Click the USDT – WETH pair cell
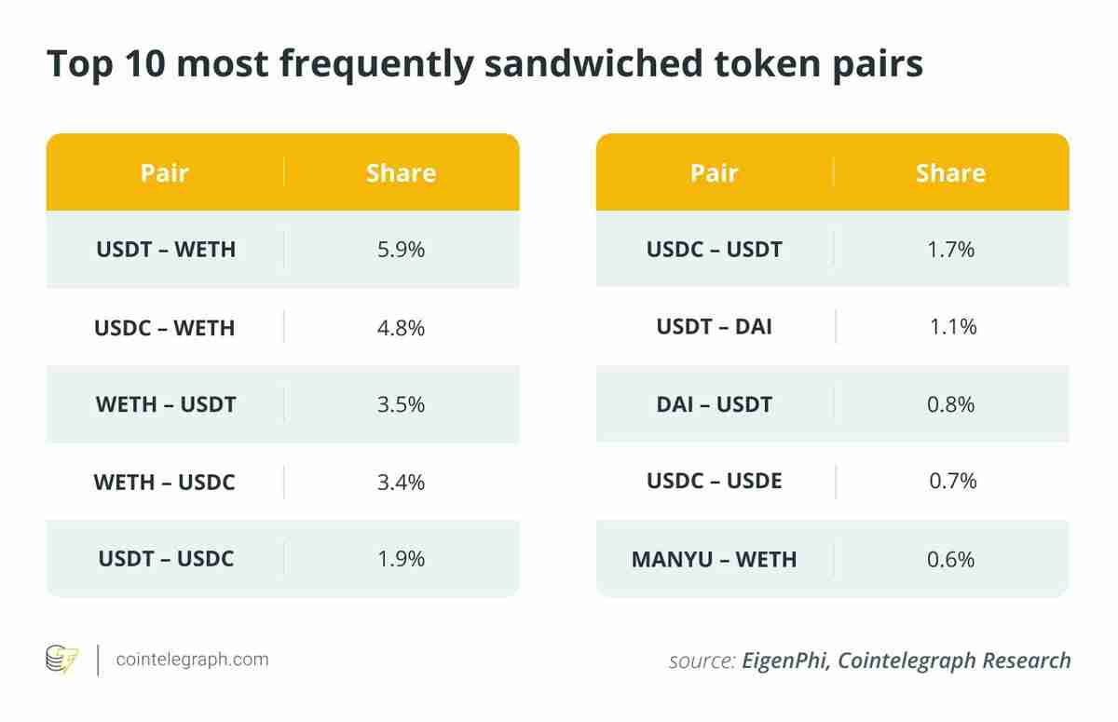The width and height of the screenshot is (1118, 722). [166, 250]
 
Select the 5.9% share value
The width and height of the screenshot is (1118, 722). [402, 250]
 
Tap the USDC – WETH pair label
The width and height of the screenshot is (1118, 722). [165, 328]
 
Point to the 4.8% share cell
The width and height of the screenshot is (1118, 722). [402, 328]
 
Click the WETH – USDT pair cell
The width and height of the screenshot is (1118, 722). [166, 404]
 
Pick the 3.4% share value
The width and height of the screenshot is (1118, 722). [402, 482]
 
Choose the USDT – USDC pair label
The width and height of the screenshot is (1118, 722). [166, 559]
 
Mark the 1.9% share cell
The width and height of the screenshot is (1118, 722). [402, 559]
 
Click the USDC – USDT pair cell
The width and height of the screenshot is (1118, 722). [715, 250]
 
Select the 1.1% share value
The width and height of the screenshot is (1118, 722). [952, 327]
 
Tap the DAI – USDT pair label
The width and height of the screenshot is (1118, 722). [715, 404]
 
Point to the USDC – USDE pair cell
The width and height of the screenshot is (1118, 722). [715, 482]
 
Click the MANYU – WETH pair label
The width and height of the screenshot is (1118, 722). [715, 559]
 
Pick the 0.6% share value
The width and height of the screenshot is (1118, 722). [951, 559]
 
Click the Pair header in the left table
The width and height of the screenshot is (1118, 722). [165, 172]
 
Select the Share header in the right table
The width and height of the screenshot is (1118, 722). [950, 172]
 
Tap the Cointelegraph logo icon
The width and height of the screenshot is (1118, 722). [62, 660]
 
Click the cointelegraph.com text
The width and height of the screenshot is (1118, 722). [192, 660]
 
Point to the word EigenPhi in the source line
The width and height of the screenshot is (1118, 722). [784, 661]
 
